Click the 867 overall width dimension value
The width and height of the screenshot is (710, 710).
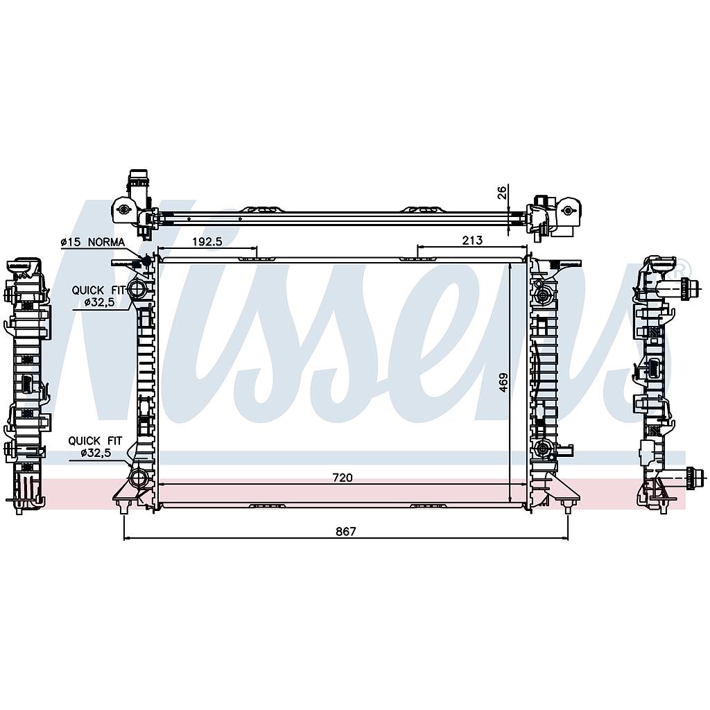[346, 531]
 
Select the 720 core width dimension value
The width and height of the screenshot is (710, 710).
[343, 478]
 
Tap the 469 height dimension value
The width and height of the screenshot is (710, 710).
[503, 382]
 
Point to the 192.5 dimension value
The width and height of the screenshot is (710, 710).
[207, 241]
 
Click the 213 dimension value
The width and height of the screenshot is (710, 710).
[472, 240]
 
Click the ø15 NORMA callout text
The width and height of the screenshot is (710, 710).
[92, 242]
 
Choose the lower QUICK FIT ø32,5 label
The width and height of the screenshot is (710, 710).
[95, 446]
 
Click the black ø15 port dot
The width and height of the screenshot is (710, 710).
[146, 261]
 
